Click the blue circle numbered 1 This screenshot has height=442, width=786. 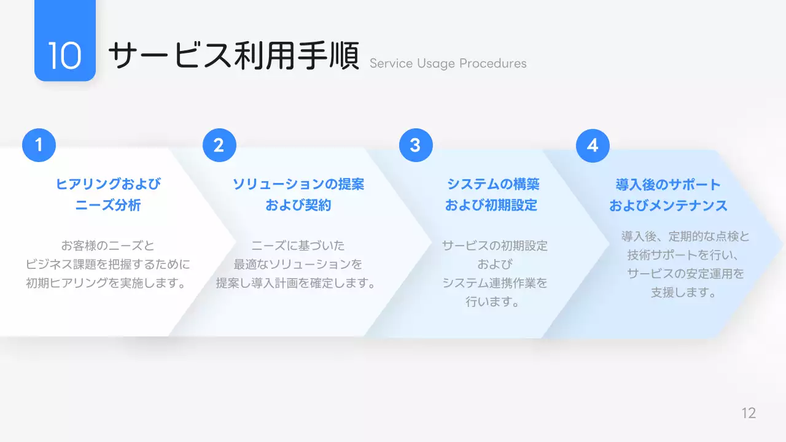coord(39,145)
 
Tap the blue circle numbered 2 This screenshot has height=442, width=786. coord(219,145)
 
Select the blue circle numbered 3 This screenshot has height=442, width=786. coord(416,145)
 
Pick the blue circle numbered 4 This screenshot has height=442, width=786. coord(593,145)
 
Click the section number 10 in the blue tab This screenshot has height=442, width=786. coord(64,56)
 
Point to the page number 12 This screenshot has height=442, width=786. coord(749,413)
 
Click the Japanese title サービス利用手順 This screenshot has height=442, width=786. coord(233,56)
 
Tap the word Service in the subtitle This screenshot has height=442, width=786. coord(391,63)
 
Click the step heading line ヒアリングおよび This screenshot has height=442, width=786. coord(108,184)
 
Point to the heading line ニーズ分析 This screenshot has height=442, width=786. coord(108,205)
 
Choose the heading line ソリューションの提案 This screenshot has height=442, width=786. coord(298,184)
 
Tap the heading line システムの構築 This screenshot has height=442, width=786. coord(493,184)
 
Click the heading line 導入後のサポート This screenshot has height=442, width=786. coord(668,184)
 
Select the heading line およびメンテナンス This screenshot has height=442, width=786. coord(668,205)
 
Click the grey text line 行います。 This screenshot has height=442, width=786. coord(493,302)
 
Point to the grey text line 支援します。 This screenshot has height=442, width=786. coord(685,292)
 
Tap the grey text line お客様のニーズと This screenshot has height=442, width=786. coord(108,246)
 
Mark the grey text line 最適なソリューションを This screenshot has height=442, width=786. coord(298,265)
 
